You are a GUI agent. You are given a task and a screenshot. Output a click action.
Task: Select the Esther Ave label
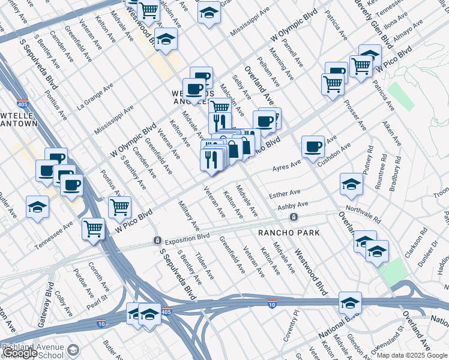pyautogui.click(x=285, y=194)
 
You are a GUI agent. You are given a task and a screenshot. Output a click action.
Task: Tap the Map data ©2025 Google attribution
pyautogui.click(x=412, y=355)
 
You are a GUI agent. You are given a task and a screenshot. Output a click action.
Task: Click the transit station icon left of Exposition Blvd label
pyautogui.click(x=157, y=241)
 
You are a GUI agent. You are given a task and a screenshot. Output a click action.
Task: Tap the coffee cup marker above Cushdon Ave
pyautogui.click(x=312, y=146)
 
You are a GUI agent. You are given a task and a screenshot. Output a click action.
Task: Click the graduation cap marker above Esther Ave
pyautogui.click(x=351, y=183)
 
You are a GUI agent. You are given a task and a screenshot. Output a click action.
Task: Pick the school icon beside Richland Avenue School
pyautogui.click(x=74, y=349)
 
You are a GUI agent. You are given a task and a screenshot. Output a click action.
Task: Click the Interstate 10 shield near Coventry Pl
pyautogui.click(x=272, y=305)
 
